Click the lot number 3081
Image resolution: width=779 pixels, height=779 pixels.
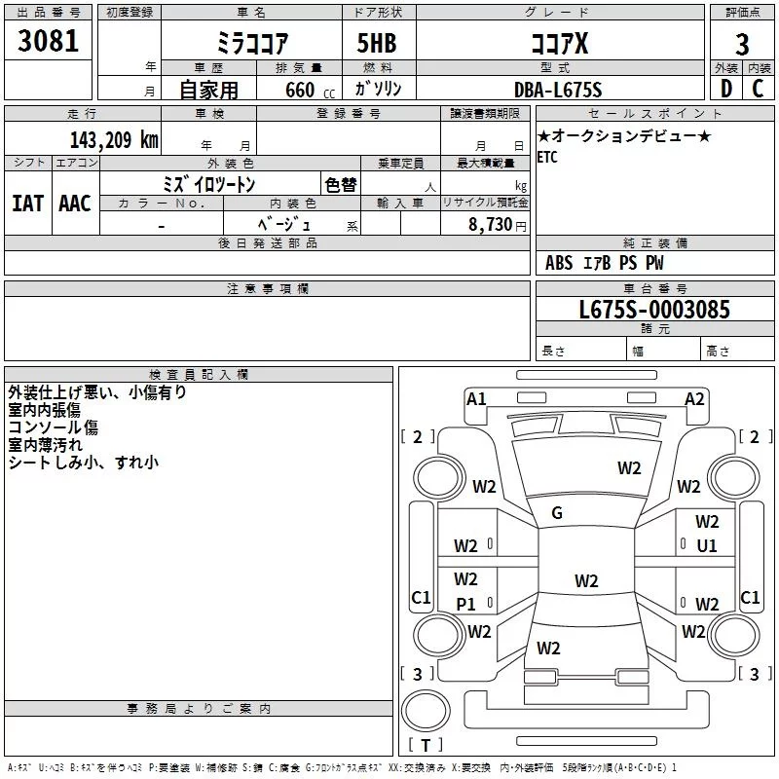(49, 42)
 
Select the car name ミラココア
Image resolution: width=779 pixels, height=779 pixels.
(251, 45)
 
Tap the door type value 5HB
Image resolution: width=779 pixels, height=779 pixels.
(375, 45)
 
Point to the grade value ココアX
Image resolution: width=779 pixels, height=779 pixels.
(559, 45)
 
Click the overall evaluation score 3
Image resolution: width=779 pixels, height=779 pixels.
(742, 45)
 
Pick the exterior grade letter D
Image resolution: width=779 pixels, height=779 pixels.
(726, 89)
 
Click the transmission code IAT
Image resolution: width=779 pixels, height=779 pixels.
(27, 203)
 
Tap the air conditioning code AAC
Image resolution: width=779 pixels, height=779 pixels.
(74, 203)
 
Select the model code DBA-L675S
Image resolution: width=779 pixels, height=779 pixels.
(558, 90)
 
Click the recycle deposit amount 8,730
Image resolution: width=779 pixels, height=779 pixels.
(492, 224)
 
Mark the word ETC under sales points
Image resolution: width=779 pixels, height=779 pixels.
(547, 158)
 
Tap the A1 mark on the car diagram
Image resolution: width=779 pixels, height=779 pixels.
(476, 397)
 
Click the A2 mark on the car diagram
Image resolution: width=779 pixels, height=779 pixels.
(694, 397)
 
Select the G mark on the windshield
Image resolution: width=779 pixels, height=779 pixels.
(557, 513)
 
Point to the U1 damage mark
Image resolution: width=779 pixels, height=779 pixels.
(707, 546)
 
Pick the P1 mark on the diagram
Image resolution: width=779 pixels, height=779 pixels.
(466, 605)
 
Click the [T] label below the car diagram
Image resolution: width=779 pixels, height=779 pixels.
(425, 746)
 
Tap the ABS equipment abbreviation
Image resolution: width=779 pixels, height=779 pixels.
(559, 263)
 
